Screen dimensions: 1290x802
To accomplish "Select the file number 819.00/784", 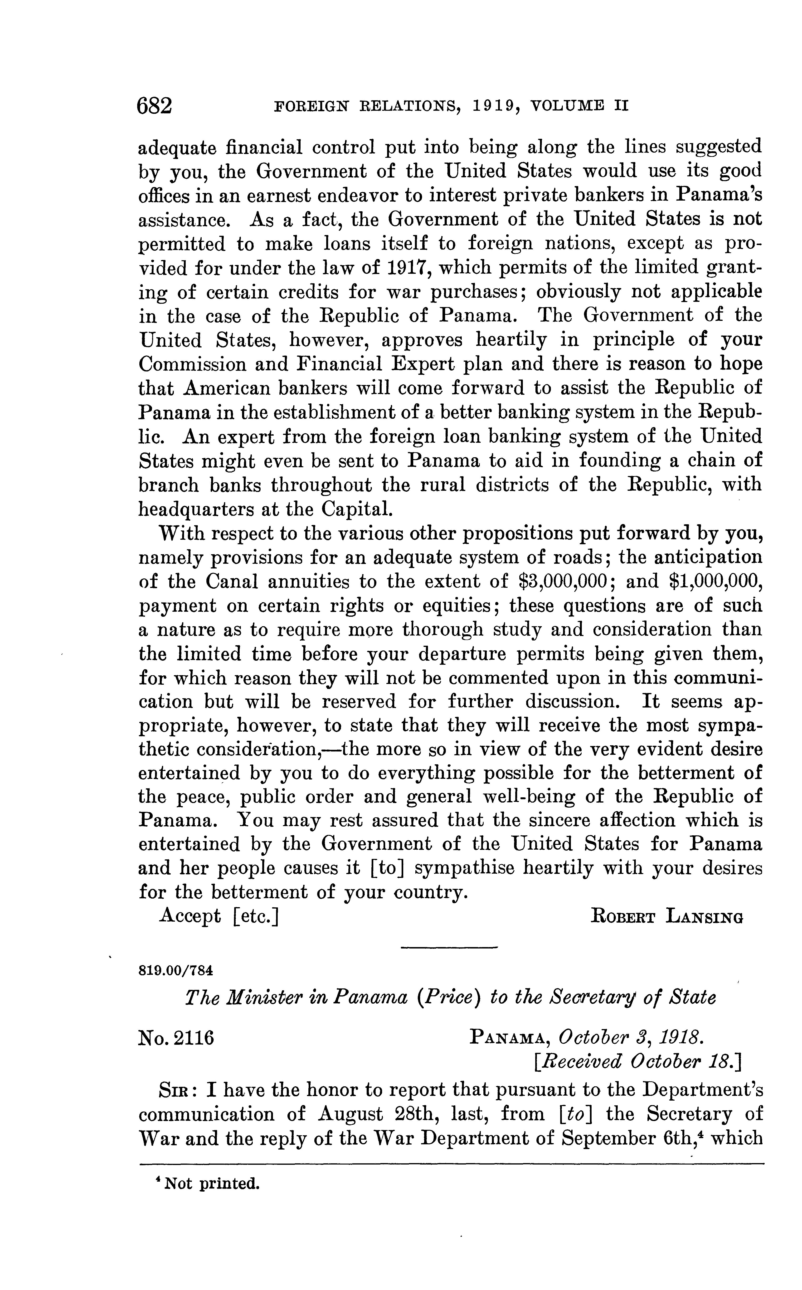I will click(175, 970).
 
